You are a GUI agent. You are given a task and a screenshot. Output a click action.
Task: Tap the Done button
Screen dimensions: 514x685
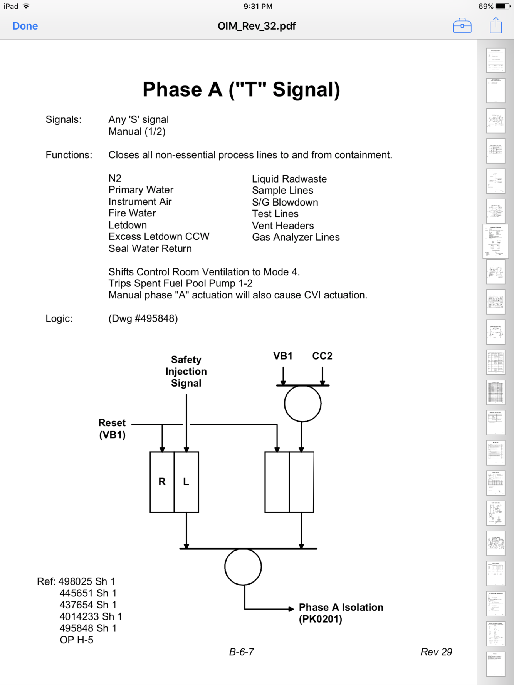(x=25, y=26)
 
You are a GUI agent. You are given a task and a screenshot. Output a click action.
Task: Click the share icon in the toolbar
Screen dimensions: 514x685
(x=496, y=26)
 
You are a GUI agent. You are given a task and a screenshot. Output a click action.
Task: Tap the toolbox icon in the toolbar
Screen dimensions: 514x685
(x=462, y=26)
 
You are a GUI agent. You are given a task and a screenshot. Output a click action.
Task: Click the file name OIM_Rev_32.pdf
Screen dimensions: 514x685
(x=257, y=26)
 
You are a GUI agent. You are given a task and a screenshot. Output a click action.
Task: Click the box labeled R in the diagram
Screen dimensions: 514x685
(x=162, y=482)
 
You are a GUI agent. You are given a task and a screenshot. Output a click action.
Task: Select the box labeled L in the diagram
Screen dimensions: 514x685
(x=186, y=482)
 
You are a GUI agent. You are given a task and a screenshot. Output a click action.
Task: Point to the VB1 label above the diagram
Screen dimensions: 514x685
(x=283, y=356)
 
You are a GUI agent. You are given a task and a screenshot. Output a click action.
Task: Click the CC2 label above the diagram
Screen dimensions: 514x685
(x=322, y=356)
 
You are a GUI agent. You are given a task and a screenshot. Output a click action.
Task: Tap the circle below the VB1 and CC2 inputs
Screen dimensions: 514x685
(x=302, y=404)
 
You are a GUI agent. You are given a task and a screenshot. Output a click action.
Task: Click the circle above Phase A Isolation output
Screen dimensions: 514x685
(x=243, y=567)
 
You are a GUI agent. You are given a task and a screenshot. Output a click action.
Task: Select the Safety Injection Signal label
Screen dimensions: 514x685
(x=186, y=371)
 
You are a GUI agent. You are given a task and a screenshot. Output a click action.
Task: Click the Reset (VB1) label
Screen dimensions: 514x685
(x=112, y=429)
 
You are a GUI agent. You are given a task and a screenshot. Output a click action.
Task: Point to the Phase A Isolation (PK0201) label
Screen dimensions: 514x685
(x=341, y=613)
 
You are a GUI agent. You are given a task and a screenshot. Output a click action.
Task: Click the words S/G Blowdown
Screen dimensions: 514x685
(x=285, y=203)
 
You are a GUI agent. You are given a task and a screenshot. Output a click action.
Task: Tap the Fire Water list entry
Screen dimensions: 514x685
(x=132, y=213)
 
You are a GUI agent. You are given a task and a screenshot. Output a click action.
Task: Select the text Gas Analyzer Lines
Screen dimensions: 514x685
(x=296, y=238)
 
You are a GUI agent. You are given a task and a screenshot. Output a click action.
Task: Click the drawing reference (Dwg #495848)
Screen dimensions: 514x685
(x=143, y=319)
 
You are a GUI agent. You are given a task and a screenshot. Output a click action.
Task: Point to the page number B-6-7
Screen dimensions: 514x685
(x=242, y=652)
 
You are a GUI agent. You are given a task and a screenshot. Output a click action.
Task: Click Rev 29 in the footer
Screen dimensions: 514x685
(x=436, y=652)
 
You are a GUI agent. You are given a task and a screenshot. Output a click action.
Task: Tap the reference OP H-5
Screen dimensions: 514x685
(x=77, y=640)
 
